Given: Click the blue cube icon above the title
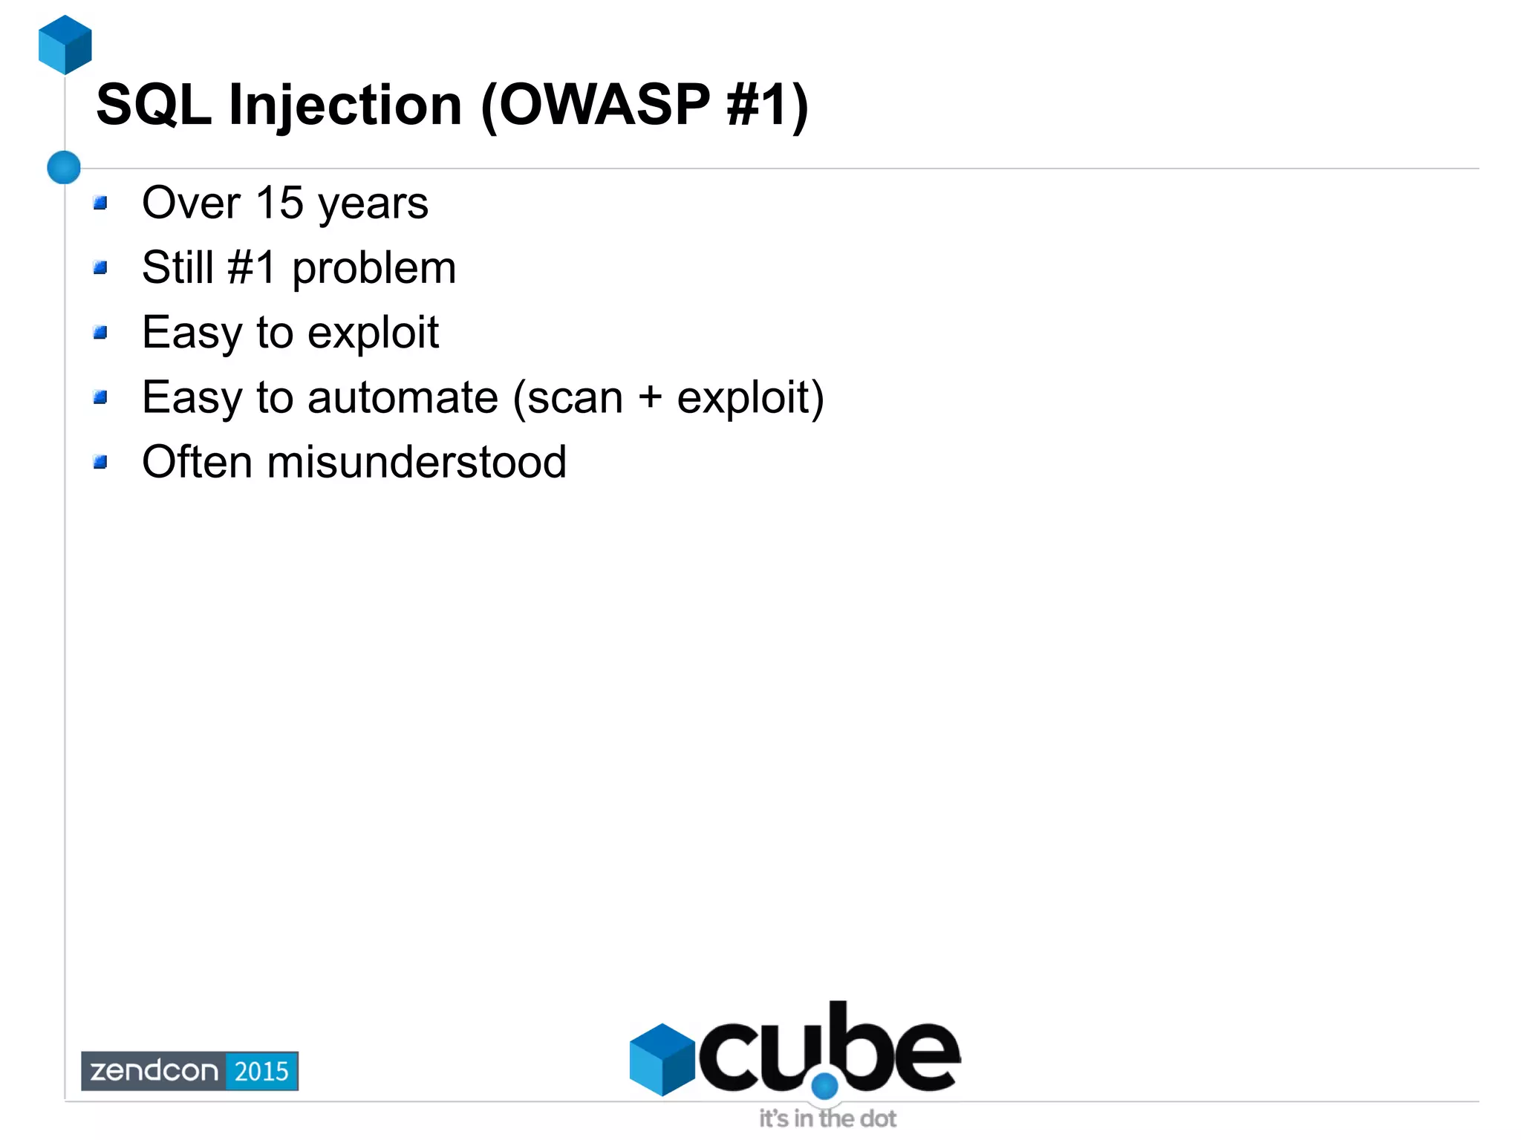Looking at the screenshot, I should coord(65,45).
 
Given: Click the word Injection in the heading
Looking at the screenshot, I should coord(345,105).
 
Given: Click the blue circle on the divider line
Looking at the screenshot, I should coord(64,167).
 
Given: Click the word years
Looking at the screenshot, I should coord(374,204).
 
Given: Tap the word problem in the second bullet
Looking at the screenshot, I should coord(374,269).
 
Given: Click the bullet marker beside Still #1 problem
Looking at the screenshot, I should coord(101,267).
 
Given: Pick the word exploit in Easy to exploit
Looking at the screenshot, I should coord(373,333).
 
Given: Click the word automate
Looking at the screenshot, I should coord(403,397).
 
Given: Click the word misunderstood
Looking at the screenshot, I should coord(417,462).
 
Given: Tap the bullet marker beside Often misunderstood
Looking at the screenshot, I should coord(101,462).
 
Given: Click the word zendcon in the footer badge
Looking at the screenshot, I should coord(154,1071).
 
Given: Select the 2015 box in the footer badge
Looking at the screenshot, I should coord(261,1071).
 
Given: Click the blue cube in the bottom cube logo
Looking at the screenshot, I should coord(662,1059).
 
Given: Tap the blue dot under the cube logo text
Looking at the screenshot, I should coord(824,1087).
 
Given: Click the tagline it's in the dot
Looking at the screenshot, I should coord(827,1118).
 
